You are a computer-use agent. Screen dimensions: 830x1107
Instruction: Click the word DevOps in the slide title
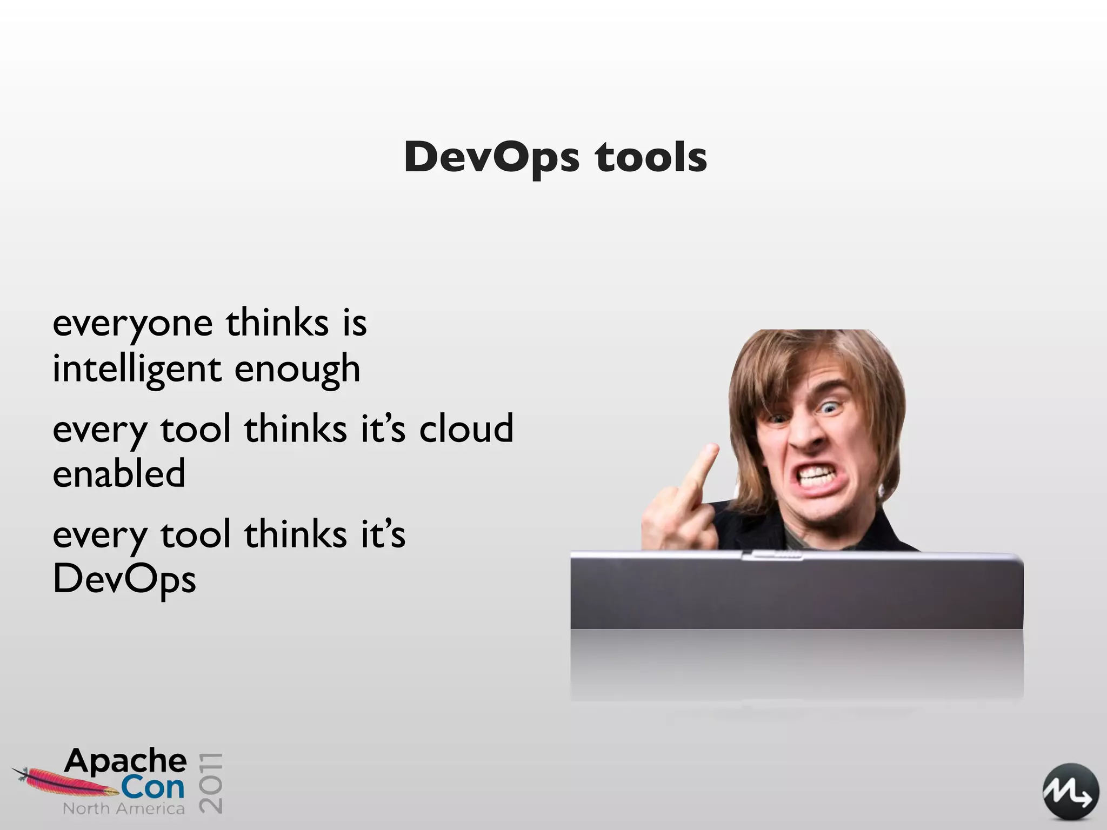492,158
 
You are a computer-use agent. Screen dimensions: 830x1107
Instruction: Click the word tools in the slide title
651,158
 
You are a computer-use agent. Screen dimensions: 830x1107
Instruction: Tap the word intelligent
137,370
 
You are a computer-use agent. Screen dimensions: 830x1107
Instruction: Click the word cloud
466,429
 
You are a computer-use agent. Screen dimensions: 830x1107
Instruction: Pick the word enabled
119,474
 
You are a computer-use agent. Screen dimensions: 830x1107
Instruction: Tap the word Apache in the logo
125,761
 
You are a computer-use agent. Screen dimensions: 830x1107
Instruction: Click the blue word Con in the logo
152,788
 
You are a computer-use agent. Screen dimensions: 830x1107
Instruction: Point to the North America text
124,809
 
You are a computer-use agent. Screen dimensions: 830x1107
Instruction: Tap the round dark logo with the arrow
1070,792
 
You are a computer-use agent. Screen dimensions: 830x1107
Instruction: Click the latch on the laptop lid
773,555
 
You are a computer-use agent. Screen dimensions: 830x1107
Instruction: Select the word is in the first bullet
355,324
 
